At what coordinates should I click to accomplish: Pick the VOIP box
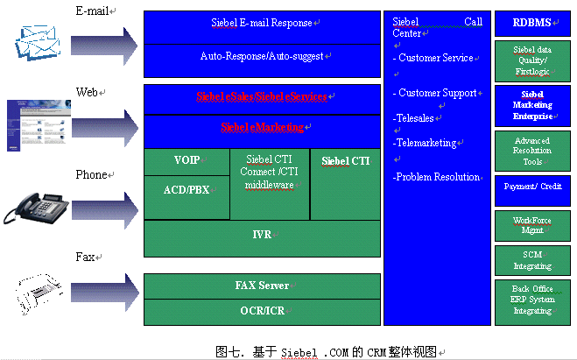pos(186,161)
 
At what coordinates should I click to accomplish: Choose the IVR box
pos(262,236)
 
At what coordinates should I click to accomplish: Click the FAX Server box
pos(262,286)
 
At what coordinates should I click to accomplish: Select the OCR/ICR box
pos(262,311)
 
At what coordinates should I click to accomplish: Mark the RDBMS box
pos(532,24)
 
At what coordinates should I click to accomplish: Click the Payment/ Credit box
pos(532,188)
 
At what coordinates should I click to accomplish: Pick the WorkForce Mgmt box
pos(532,226)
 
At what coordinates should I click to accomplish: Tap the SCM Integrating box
pos(532,259)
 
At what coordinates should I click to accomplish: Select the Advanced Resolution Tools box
pos(532,151)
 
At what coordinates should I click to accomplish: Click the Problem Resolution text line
pos(437,177)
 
